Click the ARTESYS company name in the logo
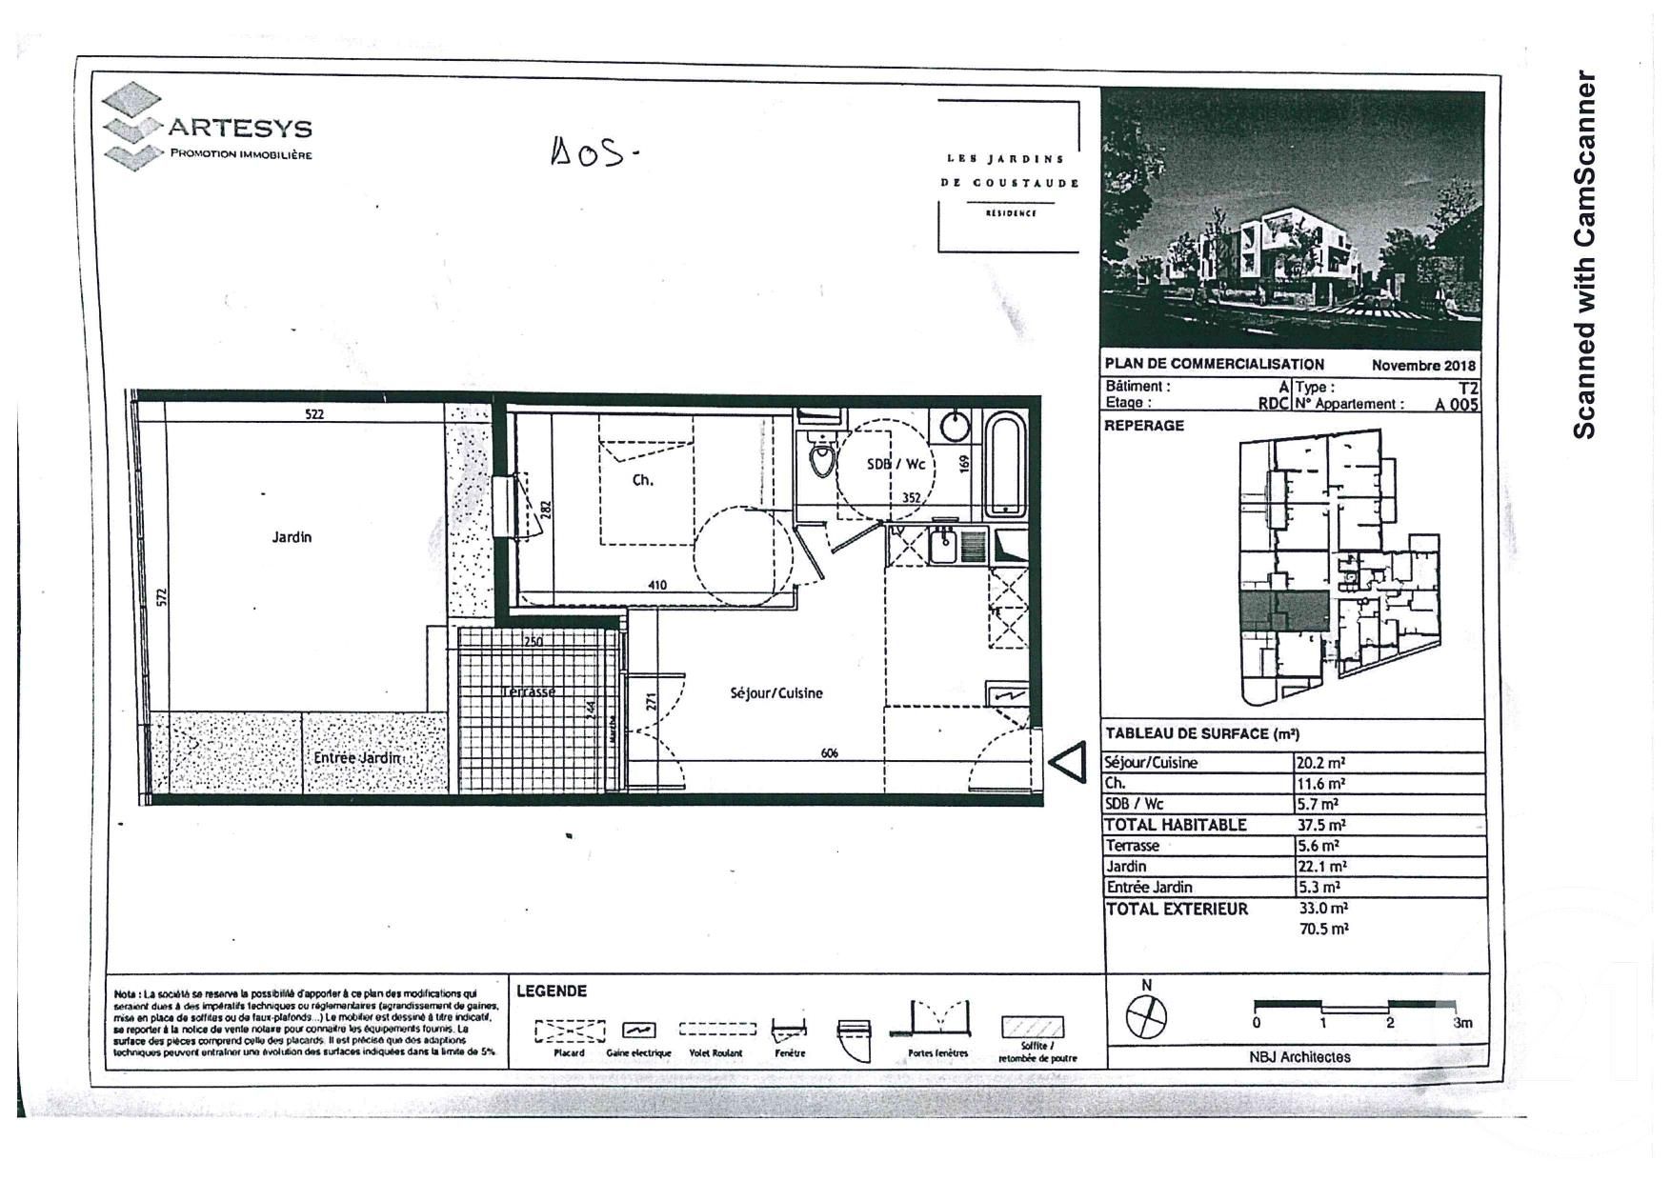(240, 128)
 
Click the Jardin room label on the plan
(292, 537)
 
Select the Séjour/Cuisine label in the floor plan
(775, 693)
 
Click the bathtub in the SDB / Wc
(1004, 464)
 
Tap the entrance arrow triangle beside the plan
(1069, 763)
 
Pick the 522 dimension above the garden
(314, 414)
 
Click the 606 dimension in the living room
(829, 753)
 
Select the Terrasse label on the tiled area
(528, 691)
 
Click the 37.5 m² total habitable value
(1320, 826)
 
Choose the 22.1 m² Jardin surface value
(1320, 867)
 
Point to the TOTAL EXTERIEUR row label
(1177, 910)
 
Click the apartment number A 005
(1457, 404)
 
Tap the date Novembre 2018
(1422, 365)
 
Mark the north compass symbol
(1146, 1017)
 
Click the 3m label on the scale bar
(1462, 1023)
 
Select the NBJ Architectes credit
(1299, 1057)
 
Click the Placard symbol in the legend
(570, 1031)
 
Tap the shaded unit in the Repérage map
(1284, 611)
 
